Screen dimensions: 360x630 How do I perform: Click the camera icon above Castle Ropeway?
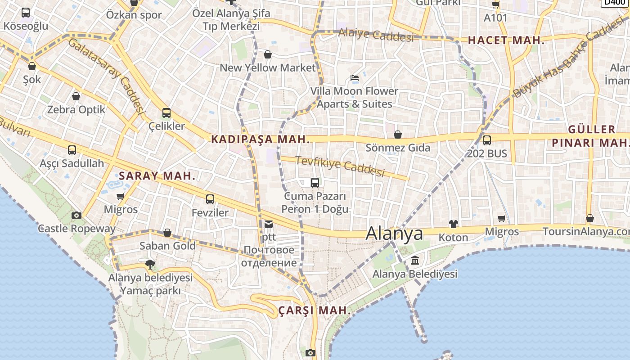point(76,215)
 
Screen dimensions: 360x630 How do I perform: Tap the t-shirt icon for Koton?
point(453,224)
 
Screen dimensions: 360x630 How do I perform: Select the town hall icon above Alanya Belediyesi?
point(415,260)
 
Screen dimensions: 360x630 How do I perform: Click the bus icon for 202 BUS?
point(487,140)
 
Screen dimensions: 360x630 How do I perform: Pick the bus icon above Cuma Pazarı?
point(315,182)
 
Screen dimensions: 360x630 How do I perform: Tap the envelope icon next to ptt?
point(269,224)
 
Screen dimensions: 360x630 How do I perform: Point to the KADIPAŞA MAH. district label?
point(261,139)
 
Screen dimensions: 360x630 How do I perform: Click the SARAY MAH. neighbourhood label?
point(157,176)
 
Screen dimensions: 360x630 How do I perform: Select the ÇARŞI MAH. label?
point(315,310)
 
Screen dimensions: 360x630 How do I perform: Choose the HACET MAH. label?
point(506,40)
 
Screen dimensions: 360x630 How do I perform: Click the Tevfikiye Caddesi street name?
point(340,166)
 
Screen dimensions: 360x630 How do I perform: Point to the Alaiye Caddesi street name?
point(376,35)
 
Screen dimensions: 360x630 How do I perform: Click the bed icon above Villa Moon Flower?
point(355,77)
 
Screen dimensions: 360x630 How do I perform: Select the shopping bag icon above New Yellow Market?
point(268,54)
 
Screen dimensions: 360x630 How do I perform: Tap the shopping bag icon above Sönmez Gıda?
point(398,135)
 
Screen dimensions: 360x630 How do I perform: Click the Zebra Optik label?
point(76,109)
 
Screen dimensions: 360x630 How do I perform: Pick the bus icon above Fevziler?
point(210,199)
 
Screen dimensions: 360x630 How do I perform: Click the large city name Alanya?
point(394,234)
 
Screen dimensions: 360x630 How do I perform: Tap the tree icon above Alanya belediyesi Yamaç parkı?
point(150,264)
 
